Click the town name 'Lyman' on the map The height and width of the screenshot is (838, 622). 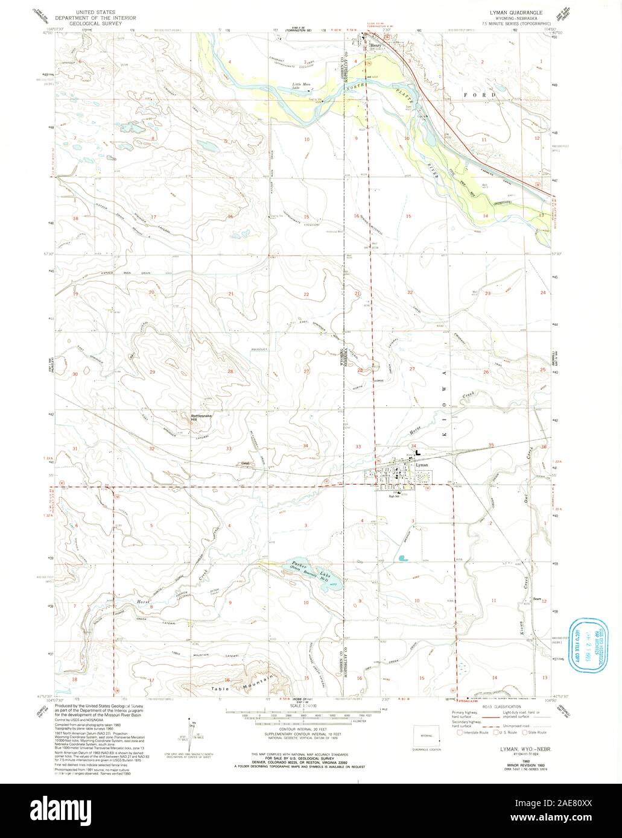point(422,465)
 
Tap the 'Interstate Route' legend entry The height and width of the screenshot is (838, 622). point(476,734)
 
